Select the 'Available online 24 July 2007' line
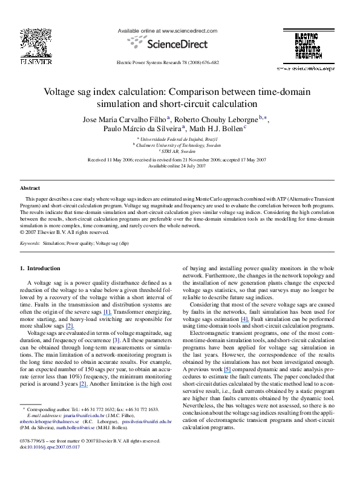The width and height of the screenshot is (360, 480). click(180, 166)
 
